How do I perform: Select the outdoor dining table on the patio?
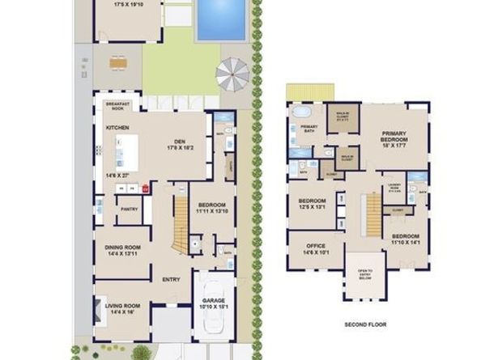[118, 61]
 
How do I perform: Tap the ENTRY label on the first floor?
[171, 280]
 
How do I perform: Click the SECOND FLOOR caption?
[366, 324]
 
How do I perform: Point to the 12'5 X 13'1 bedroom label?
[312, 204]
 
